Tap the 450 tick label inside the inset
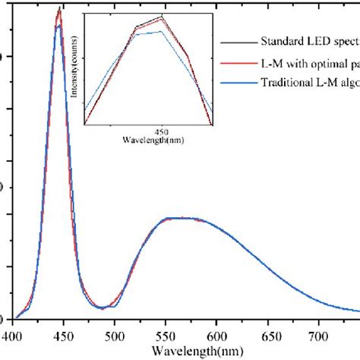click(162, 131)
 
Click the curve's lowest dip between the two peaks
click(102, 308)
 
